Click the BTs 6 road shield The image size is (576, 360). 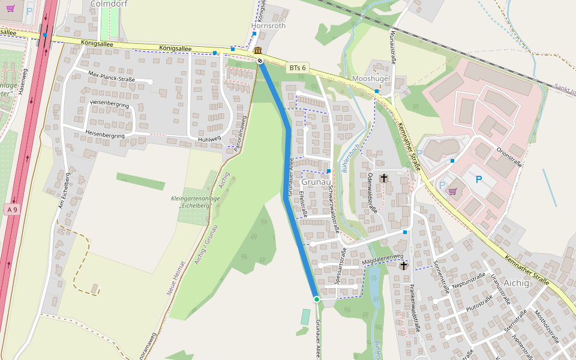pos(297,68)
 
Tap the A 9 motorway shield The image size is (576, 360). pos(11,209)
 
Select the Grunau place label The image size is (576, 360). pos(316,182)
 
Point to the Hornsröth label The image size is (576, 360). pos(268,26)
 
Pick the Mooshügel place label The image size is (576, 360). pos(372,79)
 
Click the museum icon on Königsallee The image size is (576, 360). pos(257,50)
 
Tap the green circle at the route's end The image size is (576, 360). pos(316,299)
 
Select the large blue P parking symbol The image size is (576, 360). pos(479,179)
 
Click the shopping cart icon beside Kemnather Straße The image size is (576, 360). pos(452,191)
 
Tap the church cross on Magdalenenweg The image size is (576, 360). pos(404,265)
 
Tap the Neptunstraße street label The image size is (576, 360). pos(469,280)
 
